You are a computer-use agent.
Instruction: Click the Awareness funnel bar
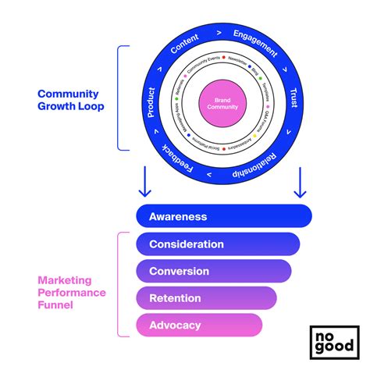[223, 216]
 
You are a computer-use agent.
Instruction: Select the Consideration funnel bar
[218, 244]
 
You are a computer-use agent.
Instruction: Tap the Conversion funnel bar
[212, 271]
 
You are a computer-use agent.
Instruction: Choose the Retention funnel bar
[206, 297]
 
